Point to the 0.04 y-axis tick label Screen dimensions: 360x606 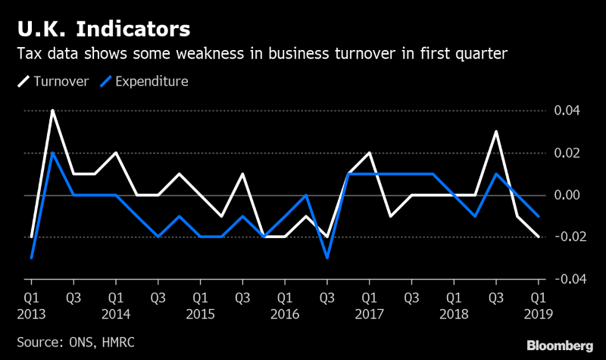click(x=567, y=111)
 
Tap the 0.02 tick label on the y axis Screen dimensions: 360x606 click(x=567, y=153)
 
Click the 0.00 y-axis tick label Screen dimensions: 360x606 click(x=567, y=196)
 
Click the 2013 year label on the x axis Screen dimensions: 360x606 click(x=31, y=313)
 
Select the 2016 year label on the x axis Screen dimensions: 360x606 click(x=284, y=313)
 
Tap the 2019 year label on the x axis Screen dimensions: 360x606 click(x=538, y=313)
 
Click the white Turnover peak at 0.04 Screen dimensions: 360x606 click(x=52, y=111)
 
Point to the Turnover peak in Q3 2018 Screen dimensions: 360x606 click(x=495, y=132)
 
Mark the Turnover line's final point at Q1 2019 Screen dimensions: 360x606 click(x=538, y=236)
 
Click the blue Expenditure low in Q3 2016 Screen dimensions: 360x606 click(x=326, y=258)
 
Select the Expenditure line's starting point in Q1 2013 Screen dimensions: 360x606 click(x=31, y=258)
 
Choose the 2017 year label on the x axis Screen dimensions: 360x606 click(x=369, y=313)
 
